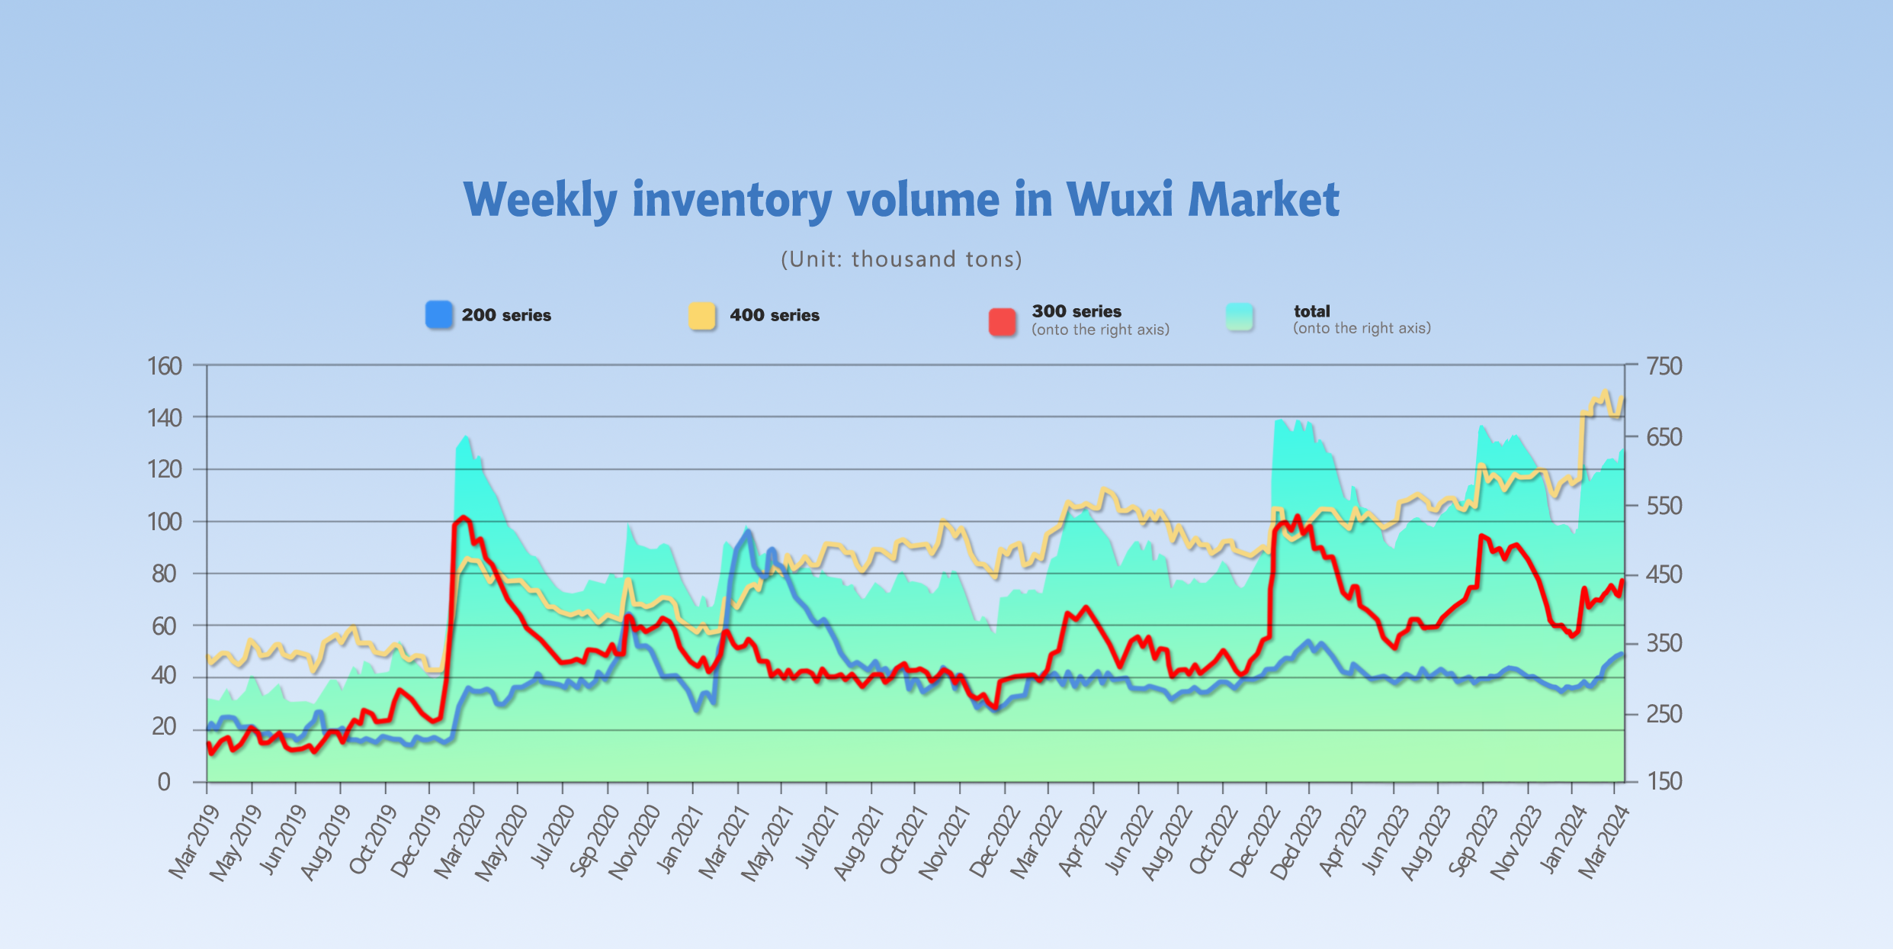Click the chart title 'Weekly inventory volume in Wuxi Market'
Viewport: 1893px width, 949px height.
tap(901, 200)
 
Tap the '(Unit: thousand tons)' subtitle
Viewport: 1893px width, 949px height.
tap(901, 259)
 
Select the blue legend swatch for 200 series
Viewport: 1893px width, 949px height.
tap(438, 315)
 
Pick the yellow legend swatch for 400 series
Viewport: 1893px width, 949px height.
tap(701, 315)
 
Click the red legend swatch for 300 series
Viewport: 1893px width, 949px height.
tap(1002, 321)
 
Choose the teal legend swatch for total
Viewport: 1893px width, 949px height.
tap(1240, 317)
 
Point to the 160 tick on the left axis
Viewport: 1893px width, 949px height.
tap(165, 366)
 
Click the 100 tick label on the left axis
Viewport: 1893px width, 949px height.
tap(165, 522)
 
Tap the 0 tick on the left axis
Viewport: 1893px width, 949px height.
tap(164, 782)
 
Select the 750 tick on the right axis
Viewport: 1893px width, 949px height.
tap(1664, 366)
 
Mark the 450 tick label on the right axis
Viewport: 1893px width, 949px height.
tap(1664, 574)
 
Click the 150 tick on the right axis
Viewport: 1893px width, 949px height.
tap(1664, 781)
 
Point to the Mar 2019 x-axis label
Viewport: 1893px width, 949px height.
tap(194, 842)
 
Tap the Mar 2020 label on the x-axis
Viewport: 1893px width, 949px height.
tap(460, 842)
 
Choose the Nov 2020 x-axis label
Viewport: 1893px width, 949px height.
tap(634, 842)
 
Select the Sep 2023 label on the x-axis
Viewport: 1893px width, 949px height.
tap(1471, 842)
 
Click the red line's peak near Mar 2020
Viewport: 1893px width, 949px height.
tap(464, 517)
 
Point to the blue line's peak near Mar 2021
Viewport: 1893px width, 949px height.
tap(748, 531)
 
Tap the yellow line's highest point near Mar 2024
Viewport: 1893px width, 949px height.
tap(1606, 392)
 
